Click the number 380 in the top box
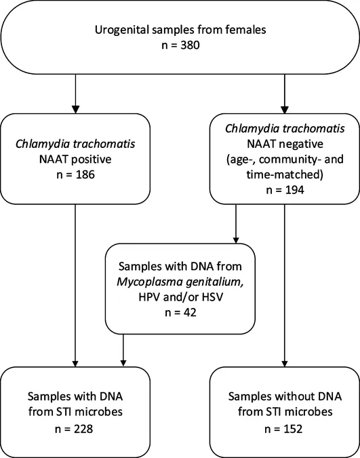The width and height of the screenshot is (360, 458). tap(190, 45)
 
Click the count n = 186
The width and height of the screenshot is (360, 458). tap(75, 174)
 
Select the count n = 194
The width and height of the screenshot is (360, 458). tap(285, 190)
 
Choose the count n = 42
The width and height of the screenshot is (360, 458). tap(180, 313)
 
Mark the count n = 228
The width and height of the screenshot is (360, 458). tap(74, 429)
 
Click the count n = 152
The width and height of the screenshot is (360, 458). tap(283, 429)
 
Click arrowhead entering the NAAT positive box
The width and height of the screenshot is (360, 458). tap(75, 109)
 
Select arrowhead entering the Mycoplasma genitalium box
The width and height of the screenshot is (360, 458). tap(236, 240)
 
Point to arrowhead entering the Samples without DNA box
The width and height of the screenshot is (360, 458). tap(285, 363)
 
